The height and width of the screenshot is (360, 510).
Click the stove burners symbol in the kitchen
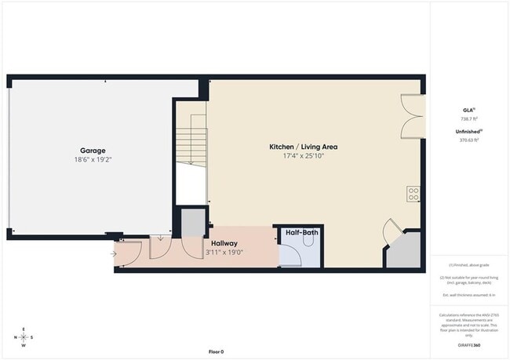point(413,194)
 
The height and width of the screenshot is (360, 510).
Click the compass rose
point(24,337)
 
